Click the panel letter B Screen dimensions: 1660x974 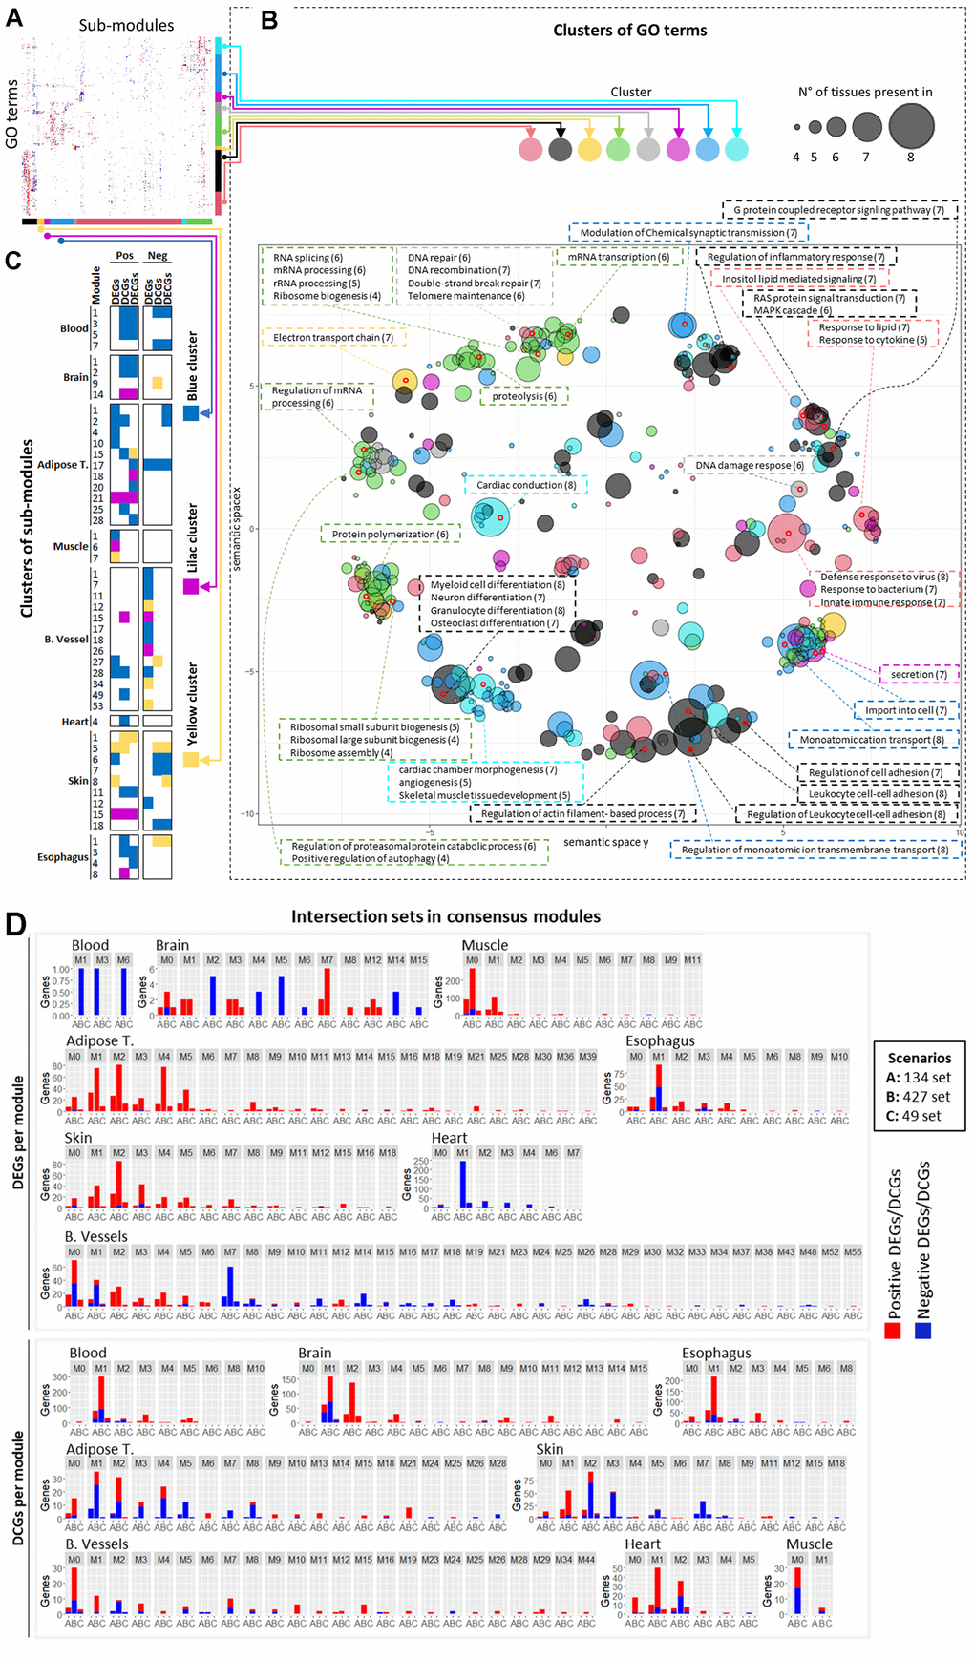[x=269, y=20]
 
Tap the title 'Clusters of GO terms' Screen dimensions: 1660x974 [x=629, y=31]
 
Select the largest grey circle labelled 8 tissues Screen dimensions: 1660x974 [x=910, y=125]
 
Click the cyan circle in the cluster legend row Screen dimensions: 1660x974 [x=736, y=149]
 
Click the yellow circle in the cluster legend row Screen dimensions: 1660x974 [x=589, y=149]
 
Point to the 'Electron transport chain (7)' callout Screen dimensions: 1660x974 [x=333, y=338]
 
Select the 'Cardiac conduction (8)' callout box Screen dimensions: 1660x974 [x=526, y=485]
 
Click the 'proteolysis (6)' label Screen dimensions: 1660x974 [x=524, y=396]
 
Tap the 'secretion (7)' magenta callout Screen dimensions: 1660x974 [x=919, y=674]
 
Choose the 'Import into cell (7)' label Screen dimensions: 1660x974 [x=906, y=710]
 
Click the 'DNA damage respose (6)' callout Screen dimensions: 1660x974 [x=749, y=466]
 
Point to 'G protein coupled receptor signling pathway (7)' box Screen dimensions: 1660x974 [x=838, y=210]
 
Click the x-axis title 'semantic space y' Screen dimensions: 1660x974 [x=605, y=842]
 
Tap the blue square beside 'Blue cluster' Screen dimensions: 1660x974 [x=191, y=413]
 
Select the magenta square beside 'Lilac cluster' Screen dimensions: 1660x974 [x=191, y=586]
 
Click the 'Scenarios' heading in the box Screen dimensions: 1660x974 [x=919, y=1058]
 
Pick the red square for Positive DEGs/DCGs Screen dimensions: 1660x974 [x=893, y=1330]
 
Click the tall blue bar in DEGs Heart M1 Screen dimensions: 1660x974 [x=463, y=1185]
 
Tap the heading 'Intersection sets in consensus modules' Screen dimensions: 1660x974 [x=446, y=916]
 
